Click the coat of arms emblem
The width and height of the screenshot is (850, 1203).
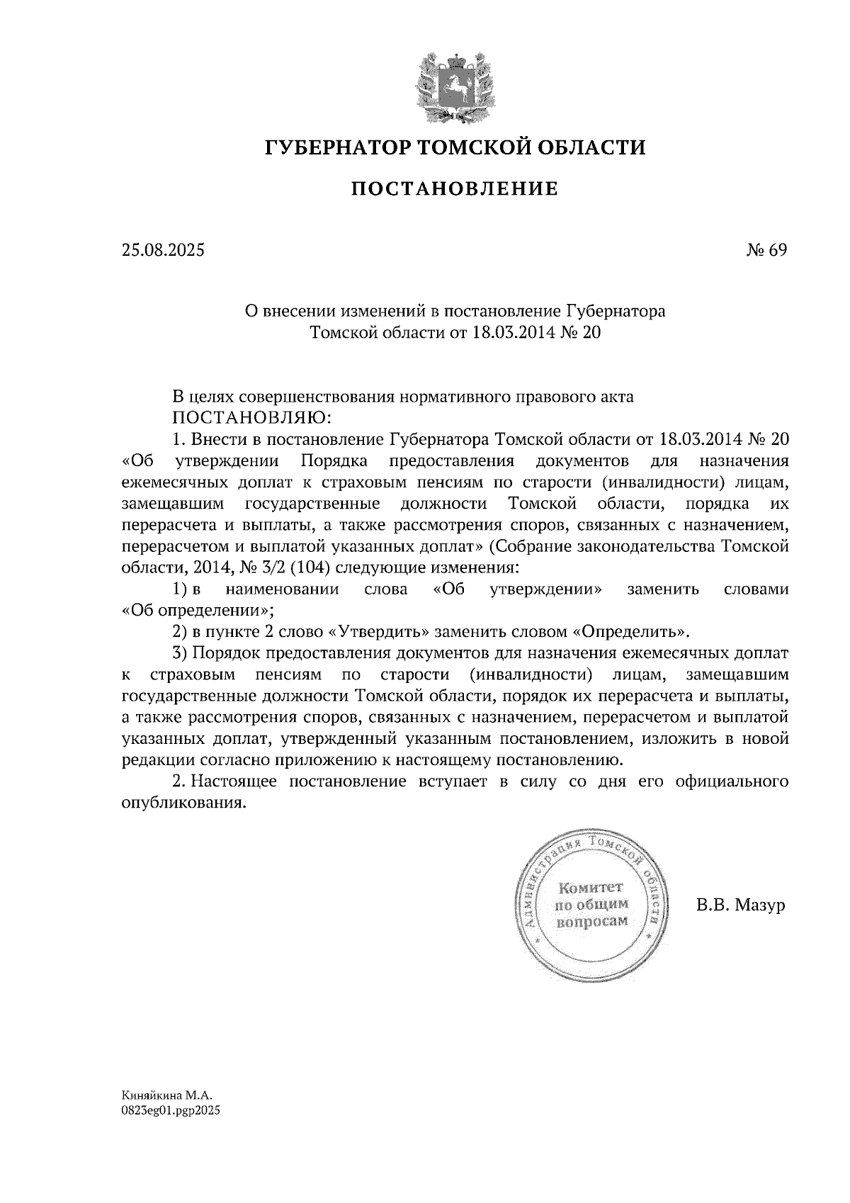(455, 86)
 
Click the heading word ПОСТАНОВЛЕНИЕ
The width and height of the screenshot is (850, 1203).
(455, 189)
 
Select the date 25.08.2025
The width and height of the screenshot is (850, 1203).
(162, 249)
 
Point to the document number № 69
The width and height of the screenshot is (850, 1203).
(766, 249)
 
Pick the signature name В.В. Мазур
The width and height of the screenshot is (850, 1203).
(741, 905)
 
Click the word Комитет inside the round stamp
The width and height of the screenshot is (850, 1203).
(590, 888)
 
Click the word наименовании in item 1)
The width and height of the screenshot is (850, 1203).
(282, 589)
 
